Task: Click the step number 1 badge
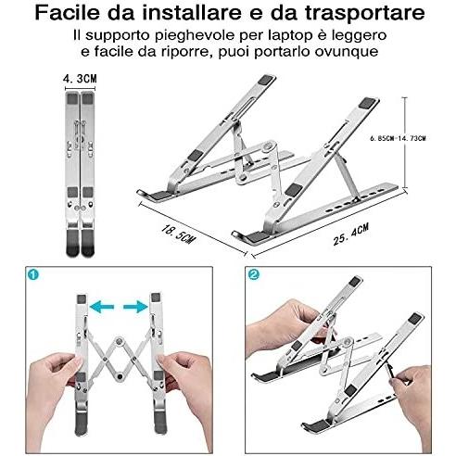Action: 33,274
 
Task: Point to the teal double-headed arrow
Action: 117,304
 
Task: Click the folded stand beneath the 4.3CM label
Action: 79,171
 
